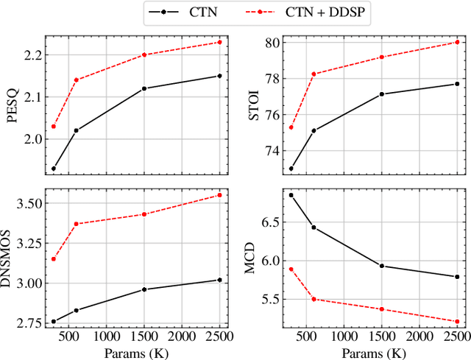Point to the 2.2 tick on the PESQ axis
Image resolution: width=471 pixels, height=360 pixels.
coord(32,55)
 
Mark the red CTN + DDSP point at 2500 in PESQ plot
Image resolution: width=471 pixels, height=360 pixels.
coord(219,42)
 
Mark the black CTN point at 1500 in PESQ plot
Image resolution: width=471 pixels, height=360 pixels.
coord(144,88)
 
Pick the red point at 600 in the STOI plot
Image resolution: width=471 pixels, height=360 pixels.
coord(314,74)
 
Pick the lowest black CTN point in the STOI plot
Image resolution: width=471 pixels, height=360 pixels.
coord(291,169)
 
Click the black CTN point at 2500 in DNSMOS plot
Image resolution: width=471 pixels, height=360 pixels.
coord(219,280)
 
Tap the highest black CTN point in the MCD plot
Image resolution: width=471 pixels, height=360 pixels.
coord(291,195)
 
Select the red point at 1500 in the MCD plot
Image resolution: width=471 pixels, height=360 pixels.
coord(381,309)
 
